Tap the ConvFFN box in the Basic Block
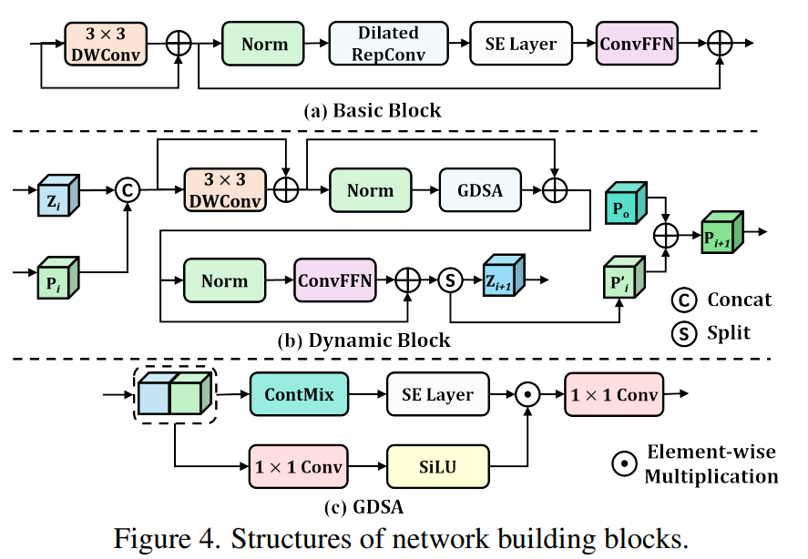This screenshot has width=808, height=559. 637,44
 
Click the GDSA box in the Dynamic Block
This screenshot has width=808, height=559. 481,191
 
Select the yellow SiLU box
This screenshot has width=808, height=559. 438,466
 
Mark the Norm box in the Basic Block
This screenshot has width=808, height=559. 265,44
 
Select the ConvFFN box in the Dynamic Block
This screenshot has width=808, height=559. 334,280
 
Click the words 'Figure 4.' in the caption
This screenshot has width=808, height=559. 163,537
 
